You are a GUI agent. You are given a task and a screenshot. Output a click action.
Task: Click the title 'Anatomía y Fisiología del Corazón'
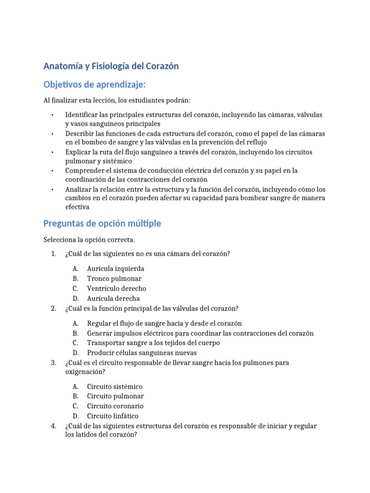click(111, 66)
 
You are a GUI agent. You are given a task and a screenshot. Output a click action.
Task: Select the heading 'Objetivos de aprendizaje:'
click(94, 85)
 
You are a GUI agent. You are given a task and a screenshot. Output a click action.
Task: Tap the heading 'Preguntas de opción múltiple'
click(102, 223)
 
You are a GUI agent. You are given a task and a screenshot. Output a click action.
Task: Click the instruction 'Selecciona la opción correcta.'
click(89, 240)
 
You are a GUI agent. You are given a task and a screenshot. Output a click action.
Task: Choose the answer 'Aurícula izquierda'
click(115, 269)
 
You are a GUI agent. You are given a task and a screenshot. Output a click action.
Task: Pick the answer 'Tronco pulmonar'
click(114, 279)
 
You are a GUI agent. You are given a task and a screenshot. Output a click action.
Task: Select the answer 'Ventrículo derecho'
click(116, 288)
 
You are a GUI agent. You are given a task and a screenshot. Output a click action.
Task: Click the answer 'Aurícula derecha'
click(113, 298)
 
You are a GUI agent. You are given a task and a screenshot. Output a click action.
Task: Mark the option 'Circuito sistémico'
click(115, 387)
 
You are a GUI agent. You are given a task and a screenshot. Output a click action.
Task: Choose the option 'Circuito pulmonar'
click(115, 396)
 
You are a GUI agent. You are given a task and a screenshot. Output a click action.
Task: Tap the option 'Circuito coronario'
click(115, 406)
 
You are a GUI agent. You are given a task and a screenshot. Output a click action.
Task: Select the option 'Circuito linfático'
click(112, 416)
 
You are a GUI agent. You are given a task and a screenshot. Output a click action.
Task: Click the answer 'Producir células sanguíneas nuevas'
click(138, 353)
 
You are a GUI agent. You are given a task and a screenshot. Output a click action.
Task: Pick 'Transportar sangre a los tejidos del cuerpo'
click(153, 343)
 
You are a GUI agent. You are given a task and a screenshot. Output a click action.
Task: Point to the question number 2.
click(53, 309)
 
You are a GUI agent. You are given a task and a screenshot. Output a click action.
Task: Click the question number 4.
click(53, 426)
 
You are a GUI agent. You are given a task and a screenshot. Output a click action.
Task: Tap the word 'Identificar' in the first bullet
click(82, 115)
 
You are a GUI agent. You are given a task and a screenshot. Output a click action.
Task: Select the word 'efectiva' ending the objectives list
click(77, 207)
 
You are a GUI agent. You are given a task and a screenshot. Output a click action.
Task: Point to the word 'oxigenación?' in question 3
click(84, 372)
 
